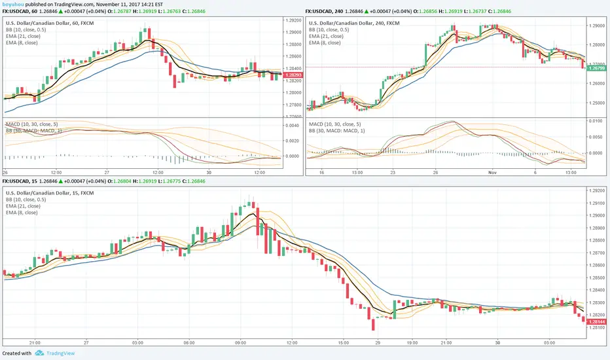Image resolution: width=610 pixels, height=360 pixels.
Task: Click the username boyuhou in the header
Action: (x=14, y=3)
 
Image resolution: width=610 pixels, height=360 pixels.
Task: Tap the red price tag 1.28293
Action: (x=292, y=75)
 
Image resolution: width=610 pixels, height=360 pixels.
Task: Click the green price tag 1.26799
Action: (x=596, y=68)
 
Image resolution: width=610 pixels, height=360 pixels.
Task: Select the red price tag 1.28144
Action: (x=596, y=322)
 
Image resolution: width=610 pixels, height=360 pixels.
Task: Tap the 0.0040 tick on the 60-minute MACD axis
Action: (x=292, y=126)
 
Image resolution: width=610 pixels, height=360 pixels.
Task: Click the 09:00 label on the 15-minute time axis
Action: (x=240, y=342)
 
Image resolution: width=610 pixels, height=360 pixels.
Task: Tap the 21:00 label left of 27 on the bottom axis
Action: (x=35, y=342)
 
